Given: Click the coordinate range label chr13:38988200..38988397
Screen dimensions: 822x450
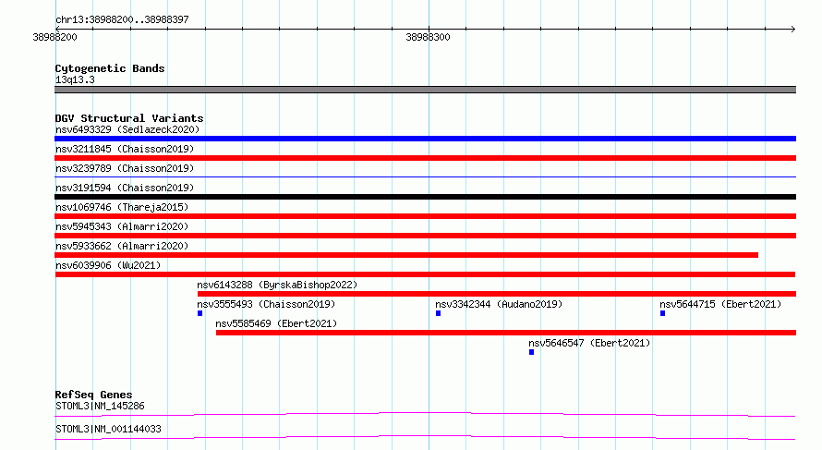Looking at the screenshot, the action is pos(122,19).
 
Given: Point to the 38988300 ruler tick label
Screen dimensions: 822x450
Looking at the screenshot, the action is pos(428,37).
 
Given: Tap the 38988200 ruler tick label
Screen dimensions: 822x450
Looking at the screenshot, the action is pos(55,37).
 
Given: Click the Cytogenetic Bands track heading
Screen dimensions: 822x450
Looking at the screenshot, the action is pos(110,68).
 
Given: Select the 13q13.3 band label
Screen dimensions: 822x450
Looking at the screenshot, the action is pos(75,79).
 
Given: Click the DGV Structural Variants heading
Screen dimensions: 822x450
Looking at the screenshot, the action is pos(129,118).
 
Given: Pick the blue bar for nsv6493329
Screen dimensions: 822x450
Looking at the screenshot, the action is pos(425,139).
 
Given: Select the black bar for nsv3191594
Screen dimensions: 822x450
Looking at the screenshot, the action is pos(425,197).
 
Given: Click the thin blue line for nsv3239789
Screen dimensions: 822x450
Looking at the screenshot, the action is pos(425,177).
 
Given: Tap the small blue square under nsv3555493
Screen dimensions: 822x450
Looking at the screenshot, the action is pos(199,313).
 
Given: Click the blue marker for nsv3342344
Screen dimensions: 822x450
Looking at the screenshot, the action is pos(439,313).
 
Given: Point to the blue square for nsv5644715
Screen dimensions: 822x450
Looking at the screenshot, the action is pos(662,313).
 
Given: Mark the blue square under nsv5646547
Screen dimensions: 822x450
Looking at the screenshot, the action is pos(532,352).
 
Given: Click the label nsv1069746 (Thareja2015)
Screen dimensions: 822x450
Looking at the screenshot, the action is pos(122,207).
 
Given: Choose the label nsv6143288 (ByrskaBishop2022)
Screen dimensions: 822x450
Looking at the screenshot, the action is pos(277,285).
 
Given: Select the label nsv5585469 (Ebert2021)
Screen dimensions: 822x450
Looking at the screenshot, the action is pos(276,323).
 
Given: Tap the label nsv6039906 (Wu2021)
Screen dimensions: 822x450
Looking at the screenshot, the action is pos(108,265).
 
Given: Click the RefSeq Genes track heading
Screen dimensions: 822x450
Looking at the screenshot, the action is pos(94,395).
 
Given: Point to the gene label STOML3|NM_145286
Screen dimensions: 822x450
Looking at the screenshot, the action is pos(100,406).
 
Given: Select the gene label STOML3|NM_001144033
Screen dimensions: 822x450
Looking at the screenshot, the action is pos(108,429).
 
